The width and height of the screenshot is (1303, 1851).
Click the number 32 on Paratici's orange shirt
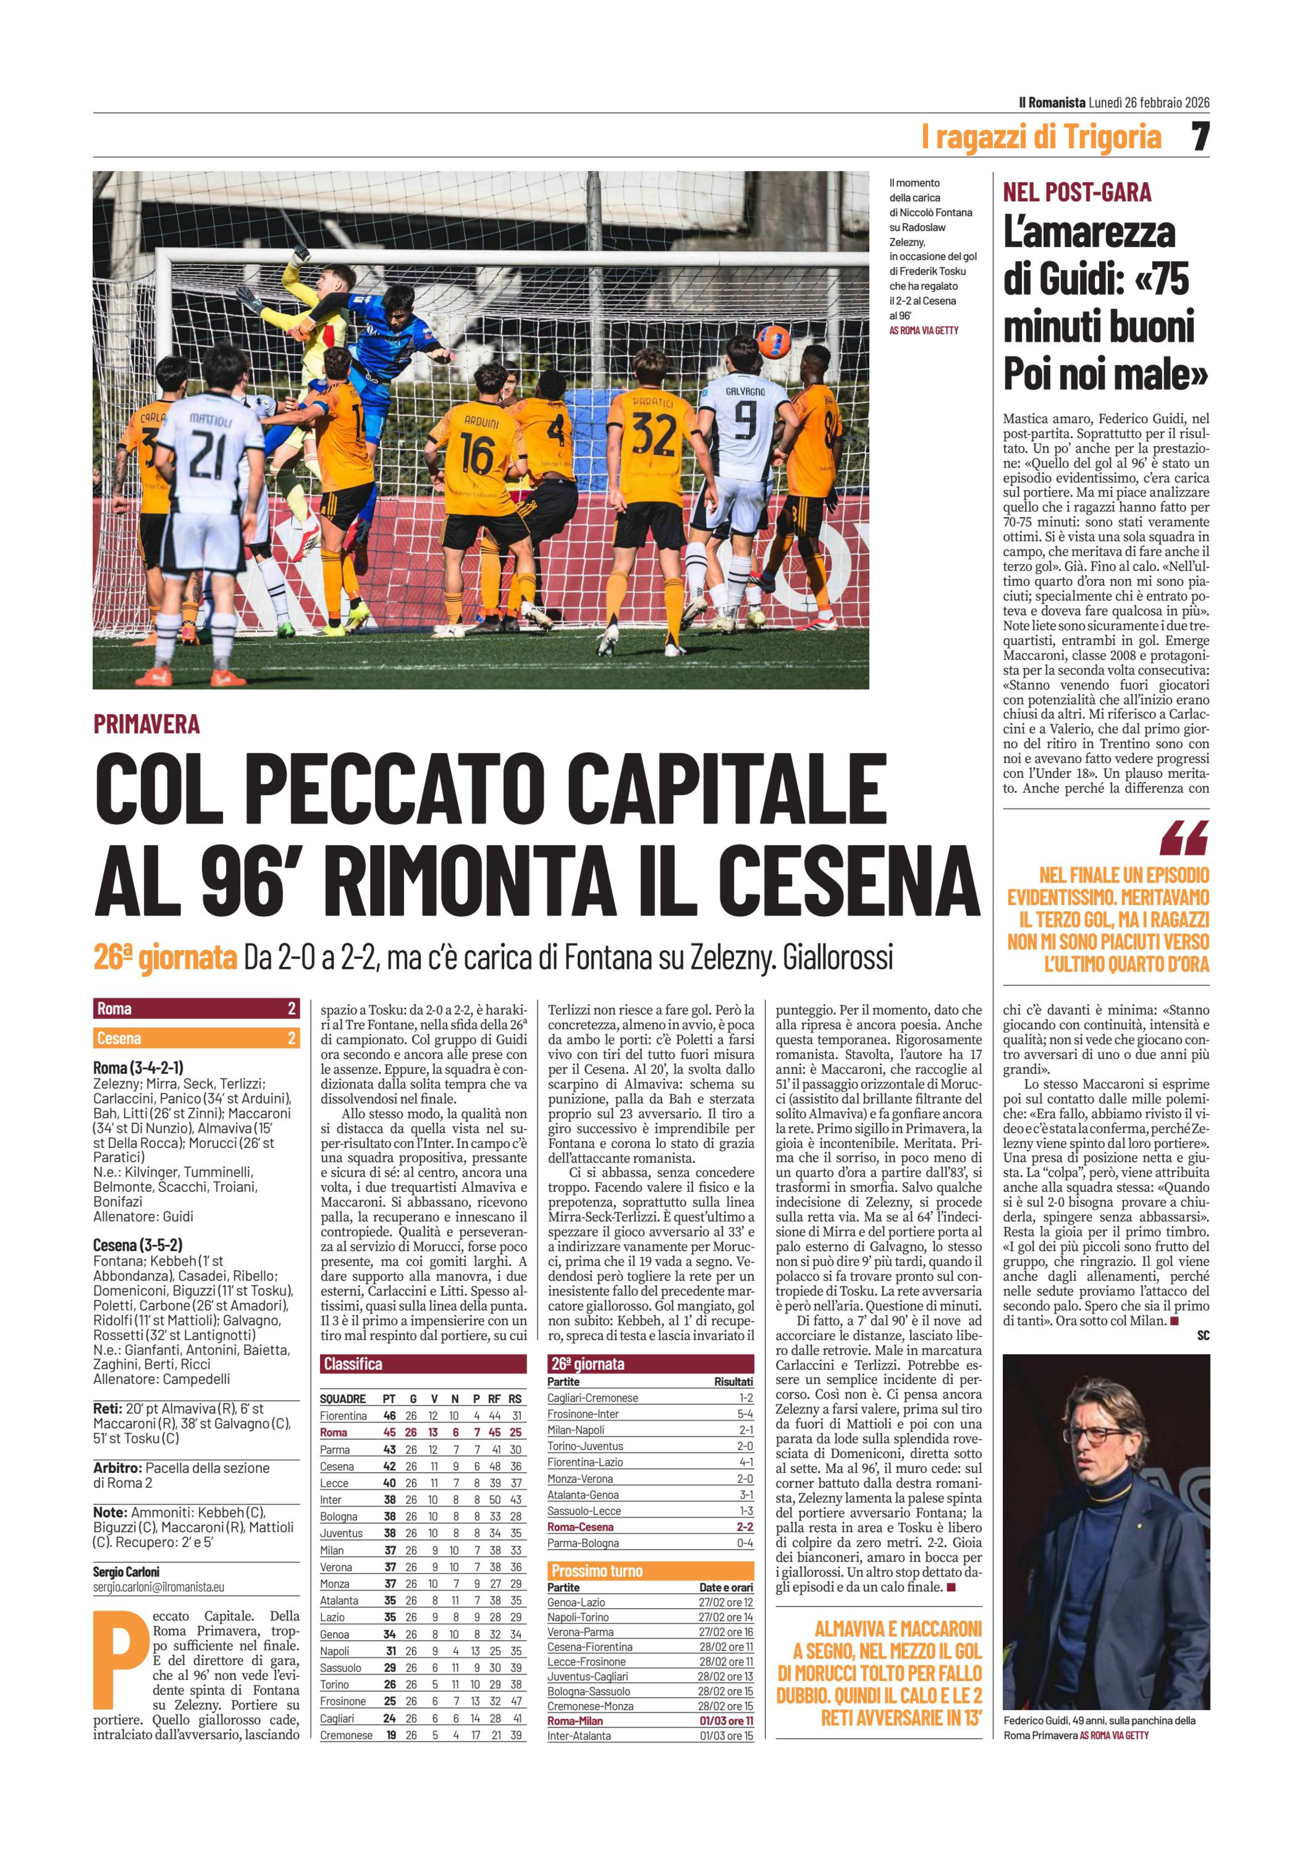point(654,438)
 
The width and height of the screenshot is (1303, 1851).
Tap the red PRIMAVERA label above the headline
point(147,724)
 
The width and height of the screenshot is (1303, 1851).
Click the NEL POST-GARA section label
point(1076,192)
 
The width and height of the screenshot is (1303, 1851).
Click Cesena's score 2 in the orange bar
point(291,1038)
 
